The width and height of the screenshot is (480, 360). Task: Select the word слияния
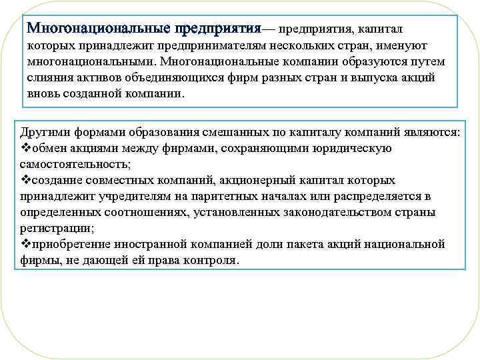49,77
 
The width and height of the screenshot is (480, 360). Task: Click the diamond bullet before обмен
19,147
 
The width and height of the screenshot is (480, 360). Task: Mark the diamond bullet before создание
19,180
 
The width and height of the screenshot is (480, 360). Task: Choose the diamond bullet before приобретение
19,244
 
